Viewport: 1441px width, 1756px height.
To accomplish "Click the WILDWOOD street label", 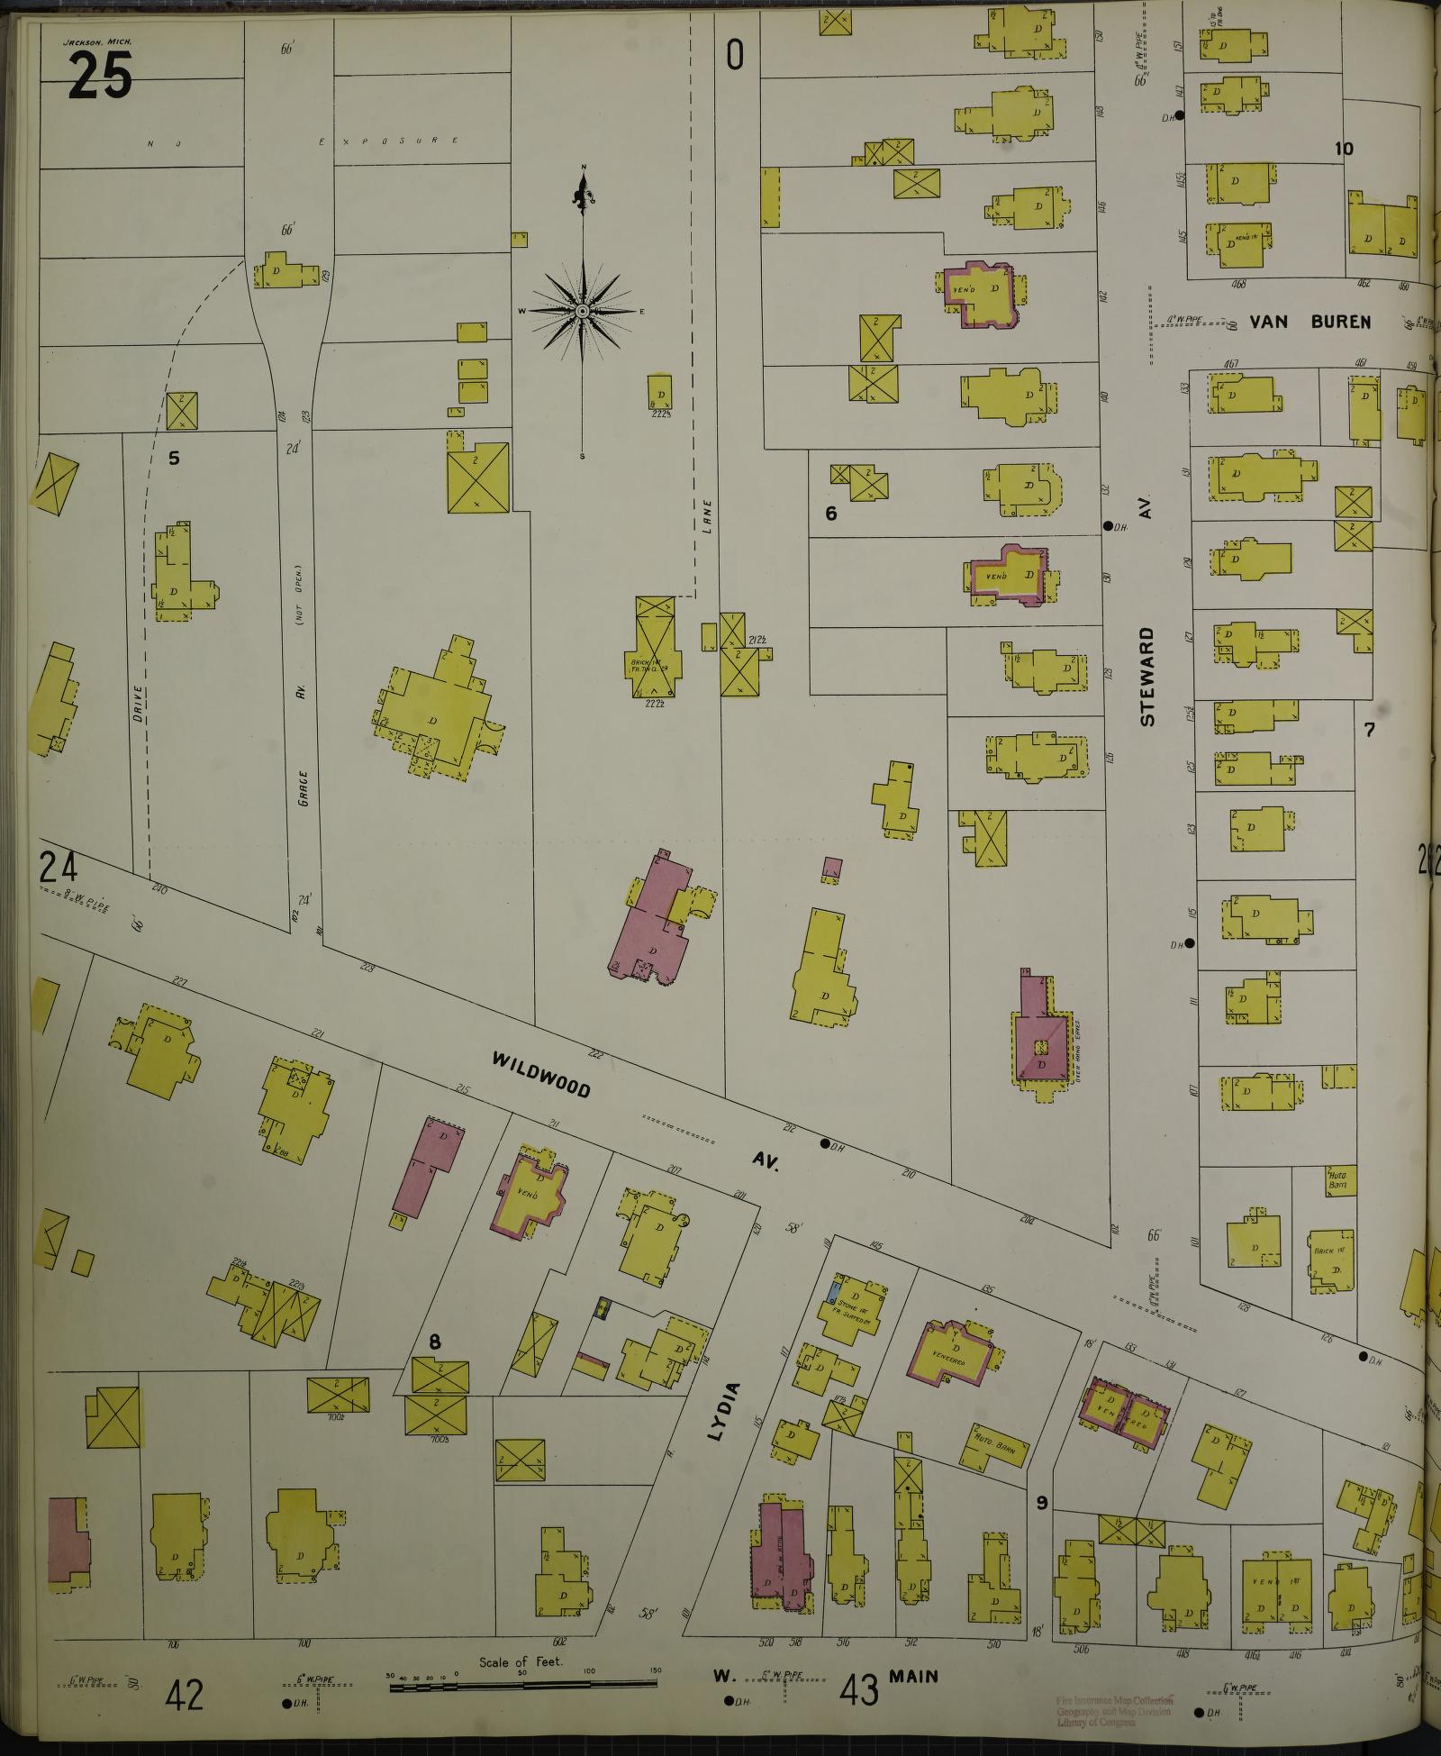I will click(541, 1075).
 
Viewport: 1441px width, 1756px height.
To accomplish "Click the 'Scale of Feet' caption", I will click(521, 1661).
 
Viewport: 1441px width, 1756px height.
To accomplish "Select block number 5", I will click(174, 459).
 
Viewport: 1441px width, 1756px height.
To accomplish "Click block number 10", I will click(1344, 150).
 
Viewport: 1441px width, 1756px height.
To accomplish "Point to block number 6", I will click(831, 514).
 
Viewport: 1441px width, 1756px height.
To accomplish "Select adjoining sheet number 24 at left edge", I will click(58, 869).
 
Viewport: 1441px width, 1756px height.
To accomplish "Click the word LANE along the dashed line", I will click(707, 518).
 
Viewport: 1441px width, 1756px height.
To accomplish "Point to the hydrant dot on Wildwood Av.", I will click(825, 1143).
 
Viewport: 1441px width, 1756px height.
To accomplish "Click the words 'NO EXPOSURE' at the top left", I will click(306, 141).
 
